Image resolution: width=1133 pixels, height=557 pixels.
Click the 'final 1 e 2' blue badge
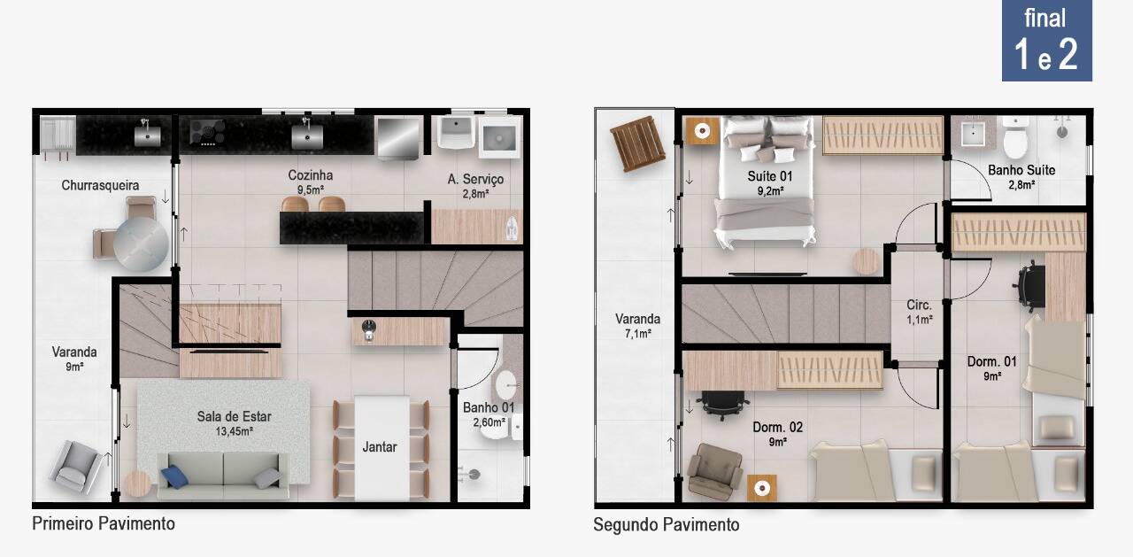(1046, 41)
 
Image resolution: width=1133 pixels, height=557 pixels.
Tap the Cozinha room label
(310, 175)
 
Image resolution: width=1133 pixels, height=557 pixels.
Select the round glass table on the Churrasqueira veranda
(141, 244)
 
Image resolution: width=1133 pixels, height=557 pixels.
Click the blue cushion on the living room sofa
(174, 476)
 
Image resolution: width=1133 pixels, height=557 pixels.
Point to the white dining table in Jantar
(382, 448)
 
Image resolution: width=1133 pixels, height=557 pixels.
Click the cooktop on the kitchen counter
(207, 132)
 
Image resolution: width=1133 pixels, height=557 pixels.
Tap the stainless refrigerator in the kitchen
(399, 138)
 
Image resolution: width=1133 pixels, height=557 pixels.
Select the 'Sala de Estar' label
(234, 416)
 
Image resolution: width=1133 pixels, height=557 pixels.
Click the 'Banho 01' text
(488, 407)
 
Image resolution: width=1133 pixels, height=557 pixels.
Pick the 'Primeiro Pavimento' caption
(104, 523)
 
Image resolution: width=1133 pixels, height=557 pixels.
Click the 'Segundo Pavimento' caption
(667, 524)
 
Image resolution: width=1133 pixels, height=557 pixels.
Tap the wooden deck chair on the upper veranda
(636, 143)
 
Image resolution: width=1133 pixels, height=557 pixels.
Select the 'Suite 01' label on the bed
(770, 176)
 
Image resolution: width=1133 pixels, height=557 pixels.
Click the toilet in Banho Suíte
(1014, 137)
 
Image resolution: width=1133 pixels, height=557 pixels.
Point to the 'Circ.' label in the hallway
(919, 305)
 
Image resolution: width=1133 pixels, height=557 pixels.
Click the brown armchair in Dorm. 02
(714, 471)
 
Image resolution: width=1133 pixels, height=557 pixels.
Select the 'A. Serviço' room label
(475, 179)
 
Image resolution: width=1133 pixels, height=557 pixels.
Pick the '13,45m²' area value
(235, 431)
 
